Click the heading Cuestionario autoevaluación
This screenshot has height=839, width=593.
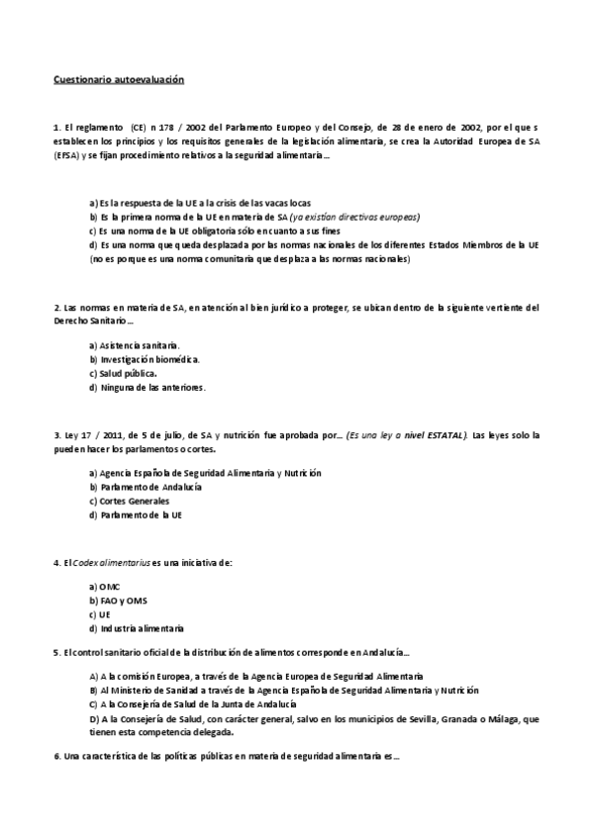point(119,78)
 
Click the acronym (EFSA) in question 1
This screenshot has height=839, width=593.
point(67,156)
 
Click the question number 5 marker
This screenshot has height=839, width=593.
point(56,653)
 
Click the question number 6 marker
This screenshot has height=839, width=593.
point(56,756)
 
